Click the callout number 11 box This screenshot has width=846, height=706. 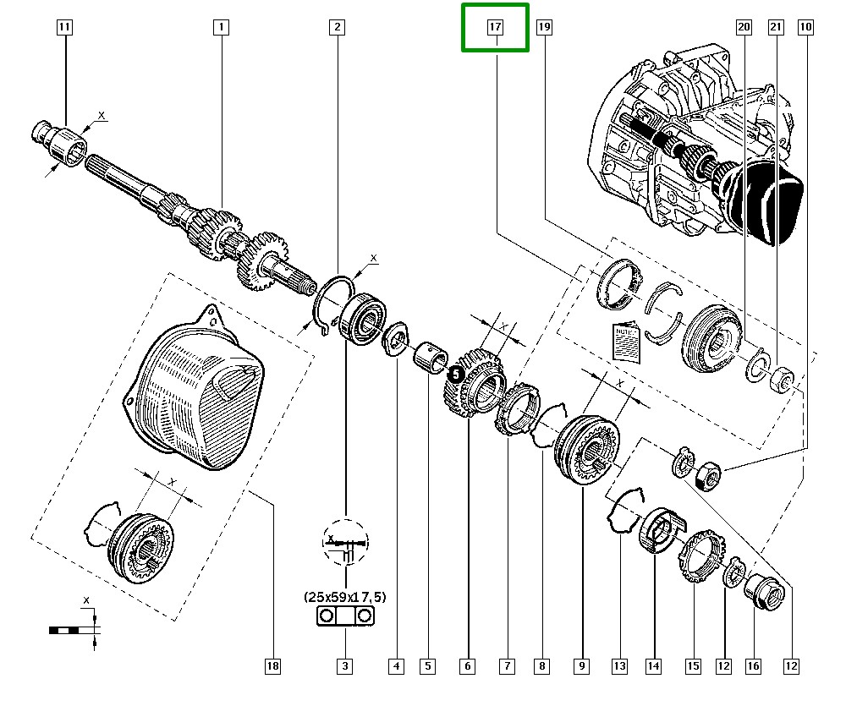[64, 27]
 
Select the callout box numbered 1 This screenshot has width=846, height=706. [220, 27]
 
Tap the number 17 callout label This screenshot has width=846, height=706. [495, 27]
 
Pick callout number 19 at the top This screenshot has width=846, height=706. [543, 27]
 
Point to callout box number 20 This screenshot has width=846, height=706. [744, 27]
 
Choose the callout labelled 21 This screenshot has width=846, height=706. [775, 27]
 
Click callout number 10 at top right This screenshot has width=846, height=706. [805, 27]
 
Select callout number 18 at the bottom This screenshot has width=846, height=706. [272, 666]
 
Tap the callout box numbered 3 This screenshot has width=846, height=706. [345, 666]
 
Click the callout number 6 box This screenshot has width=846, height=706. [467, 666]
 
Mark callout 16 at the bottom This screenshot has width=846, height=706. [753, 666]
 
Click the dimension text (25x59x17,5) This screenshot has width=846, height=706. [344, 597]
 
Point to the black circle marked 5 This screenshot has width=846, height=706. [456, 371]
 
